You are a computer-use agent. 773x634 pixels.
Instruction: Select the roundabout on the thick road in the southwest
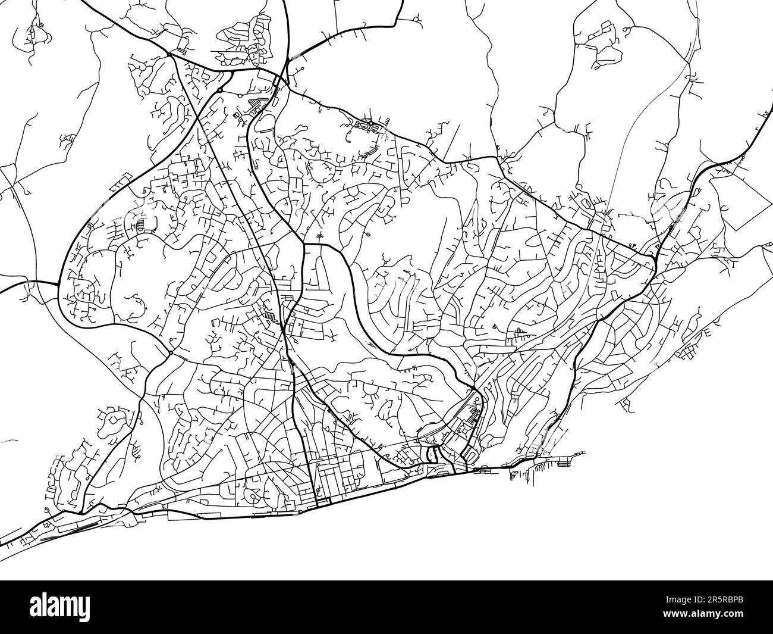click(x=170, y=352)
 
